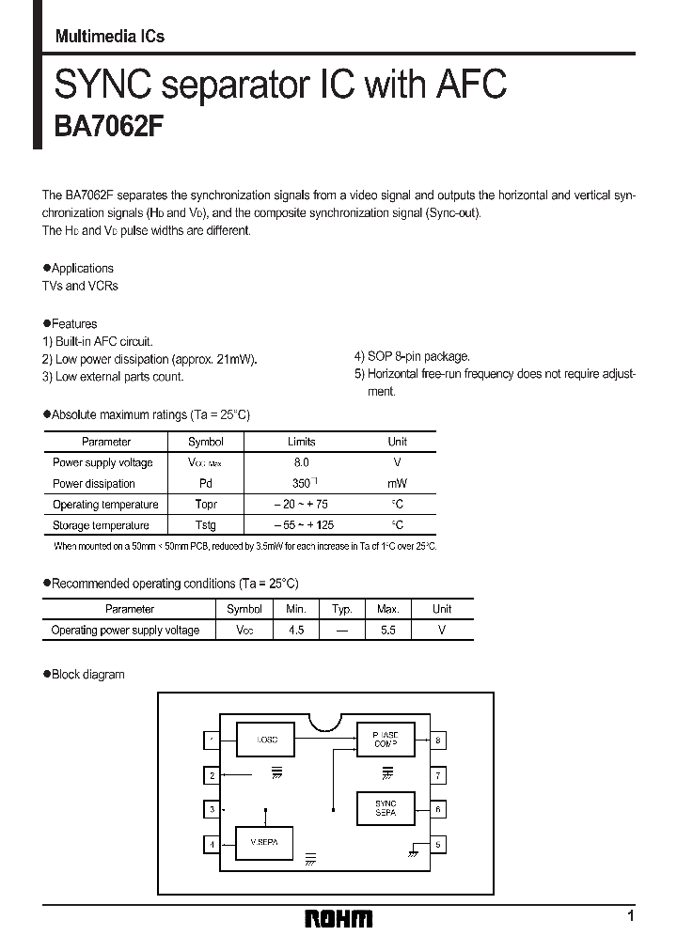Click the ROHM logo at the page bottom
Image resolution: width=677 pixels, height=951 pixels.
338,918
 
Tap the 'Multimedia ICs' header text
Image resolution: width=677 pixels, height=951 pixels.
109,37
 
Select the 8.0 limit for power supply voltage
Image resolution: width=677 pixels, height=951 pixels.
301,462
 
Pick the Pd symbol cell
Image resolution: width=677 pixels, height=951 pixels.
205,483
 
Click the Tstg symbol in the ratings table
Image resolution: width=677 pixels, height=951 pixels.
205,525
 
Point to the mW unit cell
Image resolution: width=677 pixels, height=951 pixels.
397,483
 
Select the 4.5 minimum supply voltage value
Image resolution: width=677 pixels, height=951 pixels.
296,631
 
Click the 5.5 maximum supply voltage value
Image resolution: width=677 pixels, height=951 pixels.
387,631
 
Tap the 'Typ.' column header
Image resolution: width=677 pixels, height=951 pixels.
341,609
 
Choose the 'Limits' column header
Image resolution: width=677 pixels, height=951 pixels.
301,442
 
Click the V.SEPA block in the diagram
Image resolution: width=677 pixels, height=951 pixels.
266,842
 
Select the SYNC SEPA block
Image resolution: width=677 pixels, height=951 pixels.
386,808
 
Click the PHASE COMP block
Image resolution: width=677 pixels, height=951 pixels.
386,740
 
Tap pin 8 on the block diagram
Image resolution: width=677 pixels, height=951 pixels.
437,741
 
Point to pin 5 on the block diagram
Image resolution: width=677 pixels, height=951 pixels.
437,844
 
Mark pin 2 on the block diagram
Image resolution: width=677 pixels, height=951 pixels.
213,775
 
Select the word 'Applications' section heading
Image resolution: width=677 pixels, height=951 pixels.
83,269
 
